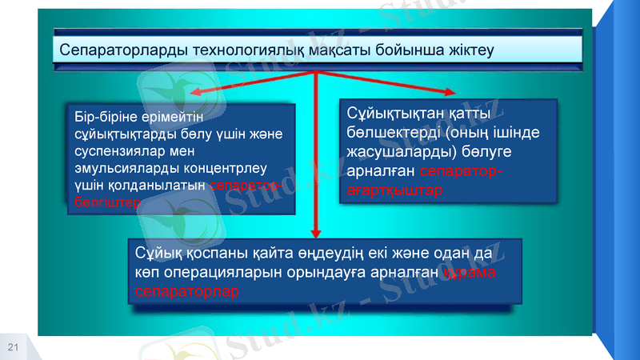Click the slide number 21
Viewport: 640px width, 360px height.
13,346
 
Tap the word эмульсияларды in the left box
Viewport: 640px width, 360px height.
120,168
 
